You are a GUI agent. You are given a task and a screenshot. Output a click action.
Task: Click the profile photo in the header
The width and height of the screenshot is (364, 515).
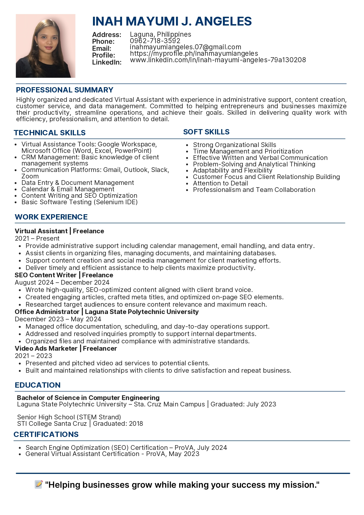pos(45,46)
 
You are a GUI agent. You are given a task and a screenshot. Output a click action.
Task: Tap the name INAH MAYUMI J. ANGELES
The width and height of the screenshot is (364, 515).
pos(172,21)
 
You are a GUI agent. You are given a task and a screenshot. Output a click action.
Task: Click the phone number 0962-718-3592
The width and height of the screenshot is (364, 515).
pos(155,41)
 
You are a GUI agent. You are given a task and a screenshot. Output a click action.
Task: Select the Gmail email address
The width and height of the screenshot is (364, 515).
pos(185,47)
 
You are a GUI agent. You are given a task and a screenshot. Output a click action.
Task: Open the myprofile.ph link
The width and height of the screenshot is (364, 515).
pos(194,53)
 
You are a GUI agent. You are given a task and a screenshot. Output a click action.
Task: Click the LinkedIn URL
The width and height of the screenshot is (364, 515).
pos(218,60)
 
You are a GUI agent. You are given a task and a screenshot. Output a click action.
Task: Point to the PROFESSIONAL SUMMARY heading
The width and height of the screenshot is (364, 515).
pos(65,90)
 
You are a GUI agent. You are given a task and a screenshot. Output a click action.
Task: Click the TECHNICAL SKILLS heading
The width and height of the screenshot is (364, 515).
pos(50,133)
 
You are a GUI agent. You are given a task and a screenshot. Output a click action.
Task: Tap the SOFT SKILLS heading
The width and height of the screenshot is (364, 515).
pos(206,132)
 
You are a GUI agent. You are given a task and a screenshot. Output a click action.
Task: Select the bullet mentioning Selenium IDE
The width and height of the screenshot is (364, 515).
pos(79,202)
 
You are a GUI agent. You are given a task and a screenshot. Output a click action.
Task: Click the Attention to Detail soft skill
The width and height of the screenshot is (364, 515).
pos(220,183)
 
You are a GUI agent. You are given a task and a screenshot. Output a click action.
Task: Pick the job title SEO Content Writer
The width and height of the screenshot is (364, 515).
pos(45,275)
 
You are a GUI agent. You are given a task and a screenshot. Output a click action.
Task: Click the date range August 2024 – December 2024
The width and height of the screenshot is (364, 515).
pos(62,283)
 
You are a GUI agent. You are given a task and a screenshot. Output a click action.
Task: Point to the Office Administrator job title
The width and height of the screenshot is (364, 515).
pos(47,312)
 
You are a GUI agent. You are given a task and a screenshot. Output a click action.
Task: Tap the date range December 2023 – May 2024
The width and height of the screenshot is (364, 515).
pos(58,319)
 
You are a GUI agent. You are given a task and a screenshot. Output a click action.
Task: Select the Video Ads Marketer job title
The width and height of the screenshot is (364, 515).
pos(46,349)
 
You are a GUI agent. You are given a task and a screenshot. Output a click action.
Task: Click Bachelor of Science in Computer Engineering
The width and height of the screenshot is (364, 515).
pos(88,398)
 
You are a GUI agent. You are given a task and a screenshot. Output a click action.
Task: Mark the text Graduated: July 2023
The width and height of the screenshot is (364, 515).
pos(243,404)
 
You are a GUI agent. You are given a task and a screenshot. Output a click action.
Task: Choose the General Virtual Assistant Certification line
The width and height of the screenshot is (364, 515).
pos(112,454)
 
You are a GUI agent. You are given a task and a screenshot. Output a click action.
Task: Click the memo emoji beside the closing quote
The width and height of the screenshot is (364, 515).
pos(39,484)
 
